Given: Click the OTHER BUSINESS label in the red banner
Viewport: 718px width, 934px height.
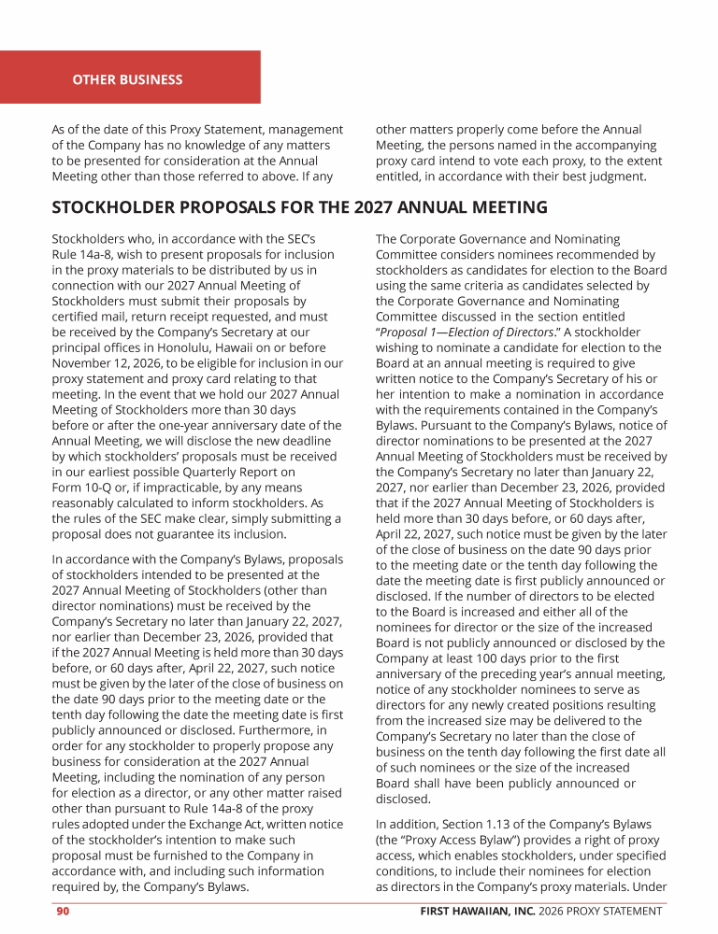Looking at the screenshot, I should (127, 79).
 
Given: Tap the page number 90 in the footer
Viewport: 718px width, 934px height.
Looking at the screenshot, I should (62, 911).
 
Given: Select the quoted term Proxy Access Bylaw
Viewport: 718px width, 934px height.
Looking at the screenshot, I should (453, 841).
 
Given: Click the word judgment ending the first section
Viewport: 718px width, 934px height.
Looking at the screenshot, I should (612, 176).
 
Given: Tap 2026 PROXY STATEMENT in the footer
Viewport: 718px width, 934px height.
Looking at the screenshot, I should (606, 911).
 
